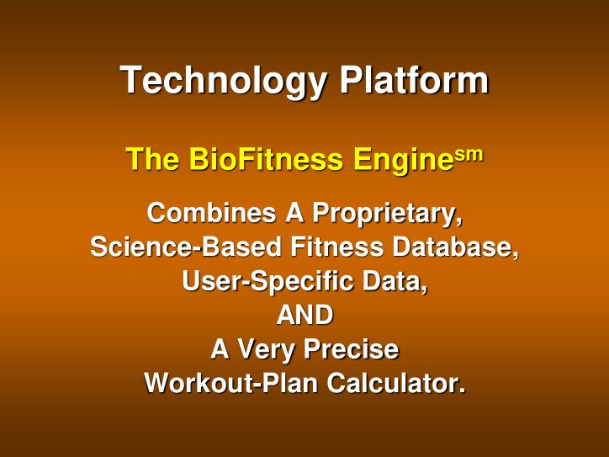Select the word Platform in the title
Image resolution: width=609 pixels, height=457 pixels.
[x=413, y=81]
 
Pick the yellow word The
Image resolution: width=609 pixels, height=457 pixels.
[x=152, y=160]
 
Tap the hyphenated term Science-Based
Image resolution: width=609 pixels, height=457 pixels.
[x=187, y=248]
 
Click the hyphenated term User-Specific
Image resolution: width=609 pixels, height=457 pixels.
[x=268, y=282]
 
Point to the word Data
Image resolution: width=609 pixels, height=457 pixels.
[x=395, y=282]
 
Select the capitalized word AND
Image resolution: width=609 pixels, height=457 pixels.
[x=304, y=316]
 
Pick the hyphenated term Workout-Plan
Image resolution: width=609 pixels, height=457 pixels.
[x=232, y=384]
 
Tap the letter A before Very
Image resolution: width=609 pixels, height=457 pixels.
[x=220, y=349]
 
